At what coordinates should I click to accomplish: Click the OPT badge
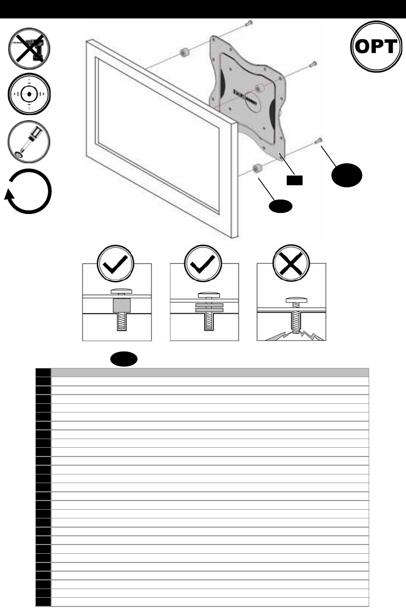click(376, 47)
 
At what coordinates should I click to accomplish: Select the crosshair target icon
click(29, 95)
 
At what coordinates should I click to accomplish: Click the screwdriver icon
click(29, 138)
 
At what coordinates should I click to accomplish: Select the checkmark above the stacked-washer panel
click(204, 264)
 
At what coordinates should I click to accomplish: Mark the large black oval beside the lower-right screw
click(347, 175)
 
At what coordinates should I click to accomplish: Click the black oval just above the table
click(123, 359)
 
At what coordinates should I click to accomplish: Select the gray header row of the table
click(209, 372)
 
